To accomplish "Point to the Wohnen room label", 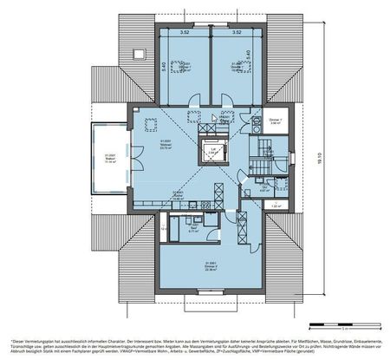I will (165, 146).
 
